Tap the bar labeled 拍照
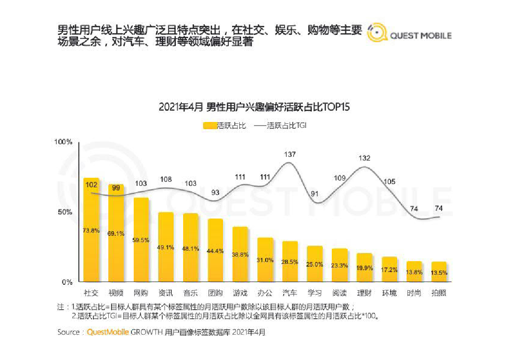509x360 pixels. [438, 272]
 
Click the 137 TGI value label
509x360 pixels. [290, 155]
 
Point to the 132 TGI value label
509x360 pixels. [364, 158]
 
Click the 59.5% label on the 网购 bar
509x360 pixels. [141, 240]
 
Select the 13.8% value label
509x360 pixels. [414, 272]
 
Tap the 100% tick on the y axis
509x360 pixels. [63, 142]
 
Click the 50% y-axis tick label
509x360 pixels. [65, 212]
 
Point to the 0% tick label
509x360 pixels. [67, 282]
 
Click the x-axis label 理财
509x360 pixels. [364, 293]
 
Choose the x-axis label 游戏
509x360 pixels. [240, 293]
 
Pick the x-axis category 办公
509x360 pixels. [265, 293]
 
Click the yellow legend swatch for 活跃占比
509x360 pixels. [210, 126]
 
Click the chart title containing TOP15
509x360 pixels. [254, 107]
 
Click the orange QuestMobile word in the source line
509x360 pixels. [107, 332]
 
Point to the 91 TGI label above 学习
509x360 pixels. [314, 194]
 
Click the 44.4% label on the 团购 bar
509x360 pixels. [215, 251]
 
